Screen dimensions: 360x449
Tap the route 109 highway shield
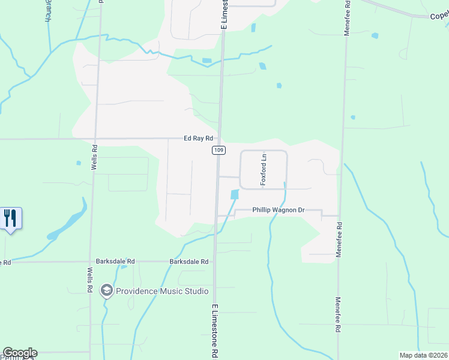(x=218, y=150)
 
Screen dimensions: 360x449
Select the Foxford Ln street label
(x=263, y=169)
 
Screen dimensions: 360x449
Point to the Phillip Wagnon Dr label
(x=270, y=211)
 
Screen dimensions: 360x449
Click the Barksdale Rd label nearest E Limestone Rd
(x=188, y=262)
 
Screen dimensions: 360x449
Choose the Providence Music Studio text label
(x=163, y=291)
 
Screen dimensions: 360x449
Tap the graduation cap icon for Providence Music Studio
(x=107, y=291)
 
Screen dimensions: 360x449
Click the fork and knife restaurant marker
(x=10, y=217)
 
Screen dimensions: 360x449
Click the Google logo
(x=20, y=353)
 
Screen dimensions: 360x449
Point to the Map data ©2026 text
(x=423, y=355)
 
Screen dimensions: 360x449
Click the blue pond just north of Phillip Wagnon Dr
(x=234, y=194)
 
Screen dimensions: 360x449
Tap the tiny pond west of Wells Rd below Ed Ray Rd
(x=79, y=163)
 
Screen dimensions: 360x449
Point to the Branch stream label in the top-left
(x=47, y=11)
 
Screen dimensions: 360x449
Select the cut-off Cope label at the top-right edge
(x=439, y=16)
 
